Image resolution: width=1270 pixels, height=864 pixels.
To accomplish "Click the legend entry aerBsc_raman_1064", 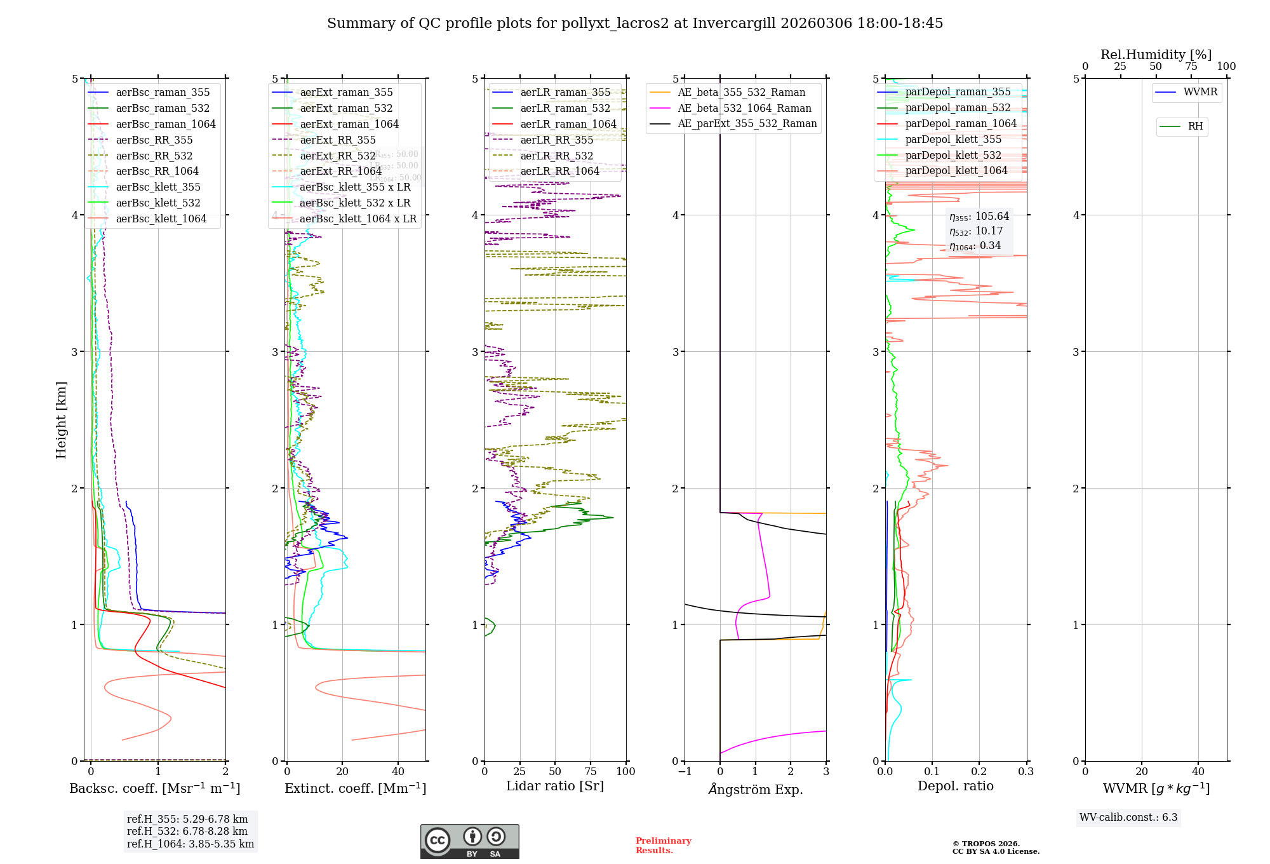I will pyautogui.click(x=165, y=124).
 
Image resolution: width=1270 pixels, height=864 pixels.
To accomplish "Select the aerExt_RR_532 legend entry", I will pyautogui.click(x=337, y=156).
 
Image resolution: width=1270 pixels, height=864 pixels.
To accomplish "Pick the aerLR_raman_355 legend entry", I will pyautogui.click(x=565, y=92).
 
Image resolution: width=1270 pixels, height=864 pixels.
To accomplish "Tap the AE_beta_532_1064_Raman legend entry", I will pyautogui.click(x=744, y=108).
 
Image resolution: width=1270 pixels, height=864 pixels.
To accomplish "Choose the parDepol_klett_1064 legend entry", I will pyautogui.click(x=956, y=170).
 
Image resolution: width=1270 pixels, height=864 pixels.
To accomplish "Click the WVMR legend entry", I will pyautogui.click(x=1200, y=92).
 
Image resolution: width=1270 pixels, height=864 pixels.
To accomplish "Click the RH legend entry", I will pyautogui.click(x=1195, y=126).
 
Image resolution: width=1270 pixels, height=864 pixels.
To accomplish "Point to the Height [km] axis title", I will pyautogui.click(x=61, y=419).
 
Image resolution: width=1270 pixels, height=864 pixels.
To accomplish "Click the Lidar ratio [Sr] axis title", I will pyautogui.click(x=554, y=786).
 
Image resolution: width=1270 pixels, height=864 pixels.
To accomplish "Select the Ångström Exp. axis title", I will pyautogui.click(x=755, y=789).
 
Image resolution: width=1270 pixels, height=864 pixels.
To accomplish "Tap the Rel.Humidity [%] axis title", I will pyautogui.click(x=1156, y=55).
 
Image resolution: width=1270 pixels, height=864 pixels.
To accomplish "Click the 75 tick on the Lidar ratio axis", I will pyautogui.click(x=591, y=771).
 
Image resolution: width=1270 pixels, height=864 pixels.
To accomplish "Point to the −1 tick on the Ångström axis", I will pyautogui.click(x=684, y=771).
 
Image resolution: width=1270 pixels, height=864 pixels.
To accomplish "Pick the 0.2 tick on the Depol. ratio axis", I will pyautogui.click(x=979, y=771).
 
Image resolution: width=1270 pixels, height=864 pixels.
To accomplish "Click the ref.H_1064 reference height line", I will pyautogui.click(x=190, y=844).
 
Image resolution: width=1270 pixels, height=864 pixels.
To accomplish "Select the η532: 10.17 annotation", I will pyautogui.click(x=976, y=231).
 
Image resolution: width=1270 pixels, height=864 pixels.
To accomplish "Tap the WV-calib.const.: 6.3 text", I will pyautogui.click(x=1128, y=817).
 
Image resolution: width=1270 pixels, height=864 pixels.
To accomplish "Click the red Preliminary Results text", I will pyautogui.click(x=663, y=845).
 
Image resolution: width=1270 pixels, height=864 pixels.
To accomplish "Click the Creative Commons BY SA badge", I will pyautogui.click(x=469, y=841).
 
